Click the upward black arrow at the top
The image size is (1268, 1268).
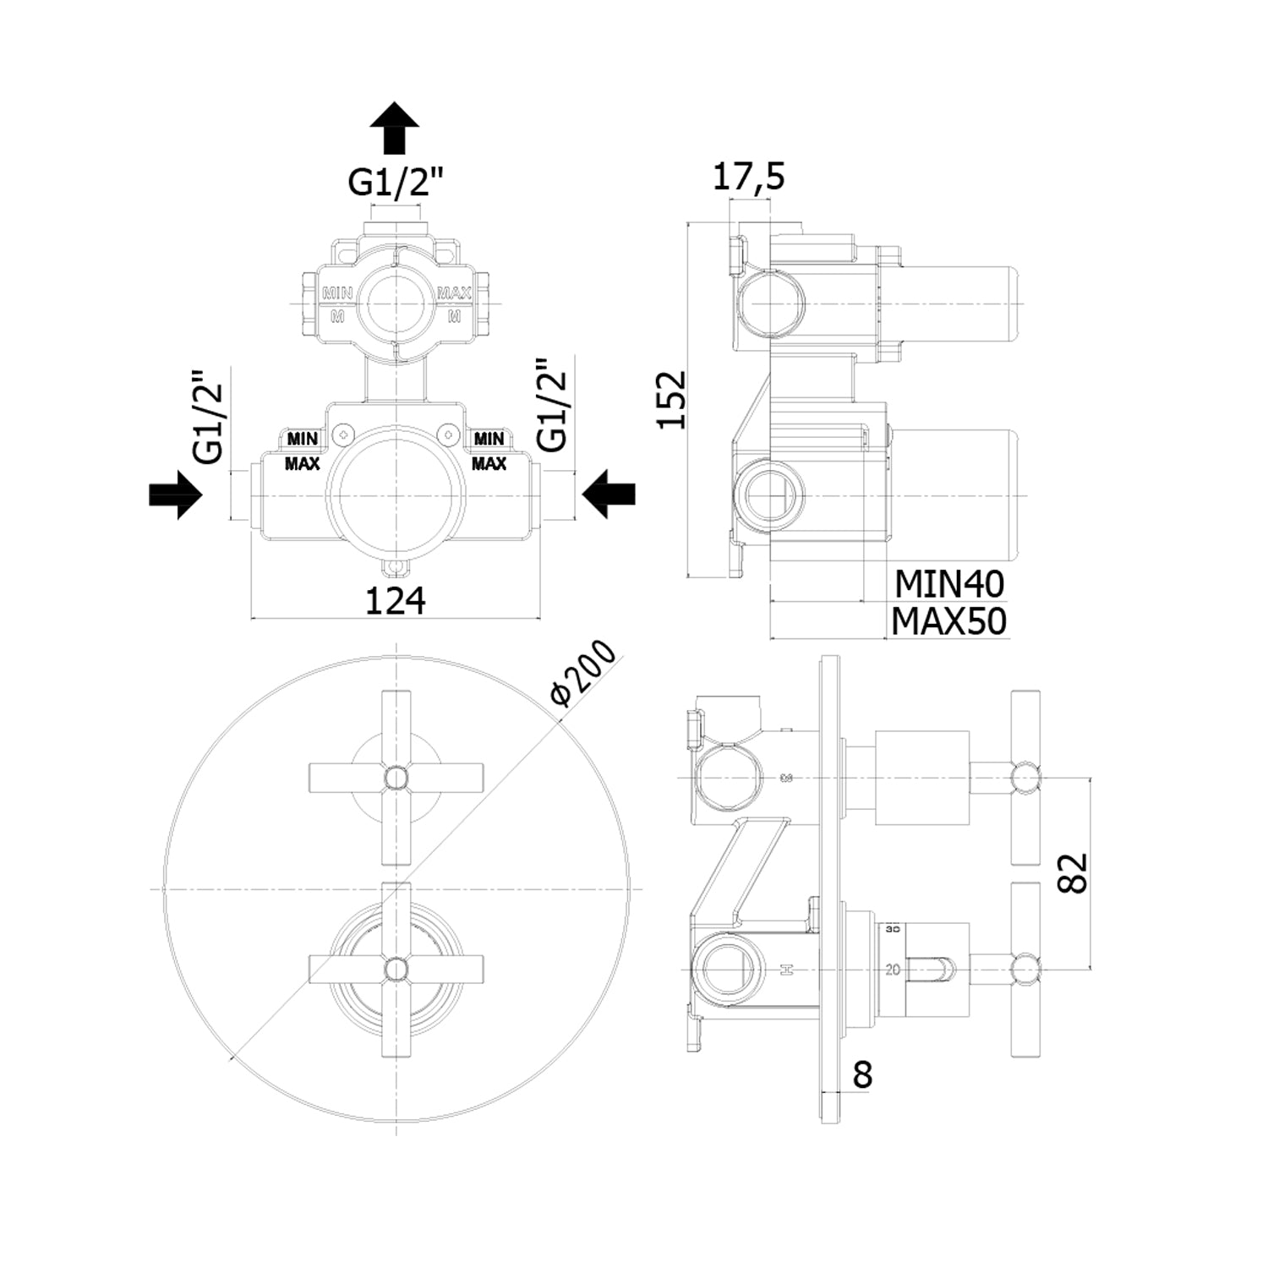[394, 128]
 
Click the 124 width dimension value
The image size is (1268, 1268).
[395, 600]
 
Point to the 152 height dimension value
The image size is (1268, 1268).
[674, 400]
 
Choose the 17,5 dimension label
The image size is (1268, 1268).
[749, 178]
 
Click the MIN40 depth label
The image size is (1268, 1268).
[949, 583]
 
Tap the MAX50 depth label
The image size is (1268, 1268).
[949, 622]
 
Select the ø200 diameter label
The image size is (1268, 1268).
[583, 673]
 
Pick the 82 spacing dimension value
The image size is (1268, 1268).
[1072, 872]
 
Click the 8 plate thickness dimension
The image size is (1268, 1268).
[862, 1074]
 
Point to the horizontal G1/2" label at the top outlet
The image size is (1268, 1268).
[396, 182]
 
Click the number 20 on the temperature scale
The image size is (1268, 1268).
[893, 970]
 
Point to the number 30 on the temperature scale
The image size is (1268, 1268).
[893, 930]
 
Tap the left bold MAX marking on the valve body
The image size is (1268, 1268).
[302, 463]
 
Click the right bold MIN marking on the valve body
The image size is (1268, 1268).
[489, 439]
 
